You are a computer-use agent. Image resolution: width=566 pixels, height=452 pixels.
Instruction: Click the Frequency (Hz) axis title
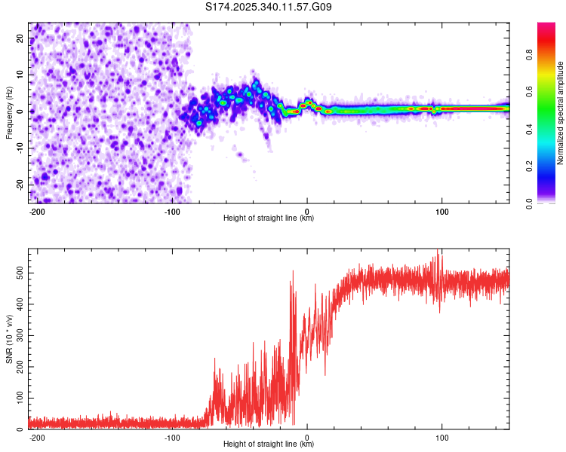click(9, 112)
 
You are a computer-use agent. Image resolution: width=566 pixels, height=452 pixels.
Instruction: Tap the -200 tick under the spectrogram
click(38, 210)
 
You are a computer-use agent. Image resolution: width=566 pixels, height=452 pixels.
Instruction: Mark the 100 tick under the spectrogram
click(441, 210)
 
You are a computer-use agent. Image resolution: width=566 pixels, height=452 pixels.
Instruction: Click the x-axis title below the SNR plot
click(269, 444)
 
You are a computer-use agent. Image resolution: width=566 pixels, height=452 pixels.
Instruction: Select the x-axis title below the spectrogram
click(269, 218)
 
